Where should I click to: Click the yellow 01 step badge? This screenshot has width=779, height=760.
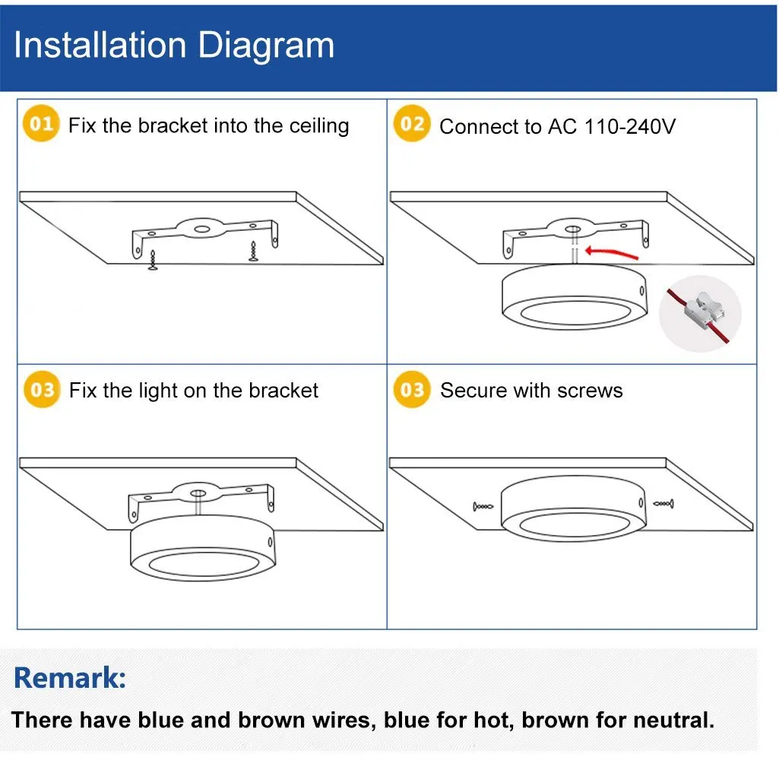coord(41,123)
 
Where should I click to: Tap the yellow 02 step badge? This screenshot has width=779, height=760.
coord(412,123)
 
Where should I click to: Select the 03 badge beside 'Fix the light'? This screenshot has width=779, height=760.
coord(43,389)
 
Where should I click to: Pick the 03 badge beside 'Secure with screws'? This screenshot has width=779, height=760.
coord(412,389)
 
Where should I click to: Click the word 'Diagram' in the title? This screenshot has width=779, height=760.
coord(266,46)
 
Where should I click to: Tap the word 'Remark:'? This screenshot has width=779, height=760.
coord(70,678)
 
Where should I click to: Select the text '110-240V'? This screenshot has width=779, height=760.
coord(630,127)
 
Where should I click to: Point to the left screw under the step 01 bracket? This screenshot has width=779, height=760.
coord(153,260)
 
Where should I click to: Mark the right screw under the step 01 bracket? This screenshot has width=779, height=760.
coord(253,252)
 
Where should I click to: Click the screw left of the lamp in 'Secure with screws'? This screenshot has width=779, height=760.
coord(483,507)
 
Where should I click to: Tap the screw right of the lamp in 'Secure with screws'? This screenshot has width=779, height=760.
coord(663,504)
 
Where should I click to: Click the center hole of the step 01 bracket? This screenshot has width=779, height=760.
coord(201,229)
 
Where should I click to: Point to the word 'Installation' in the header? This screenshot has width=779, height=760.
coord(100,46)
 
